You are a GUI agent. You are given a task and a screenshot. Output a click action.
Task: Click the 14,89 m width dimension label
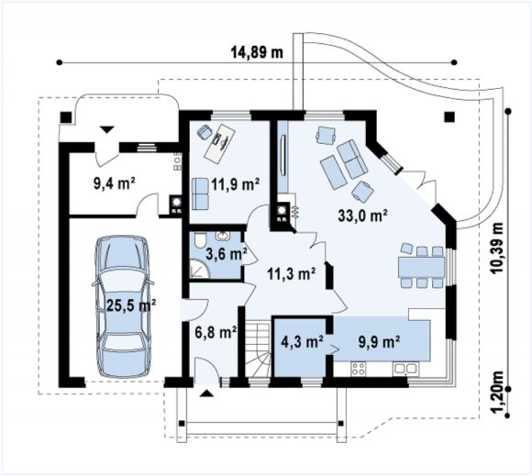click(x=257, y=53)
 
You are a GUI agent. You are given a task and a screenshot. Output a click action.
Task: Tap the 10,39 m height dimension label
click(x=498, y=248)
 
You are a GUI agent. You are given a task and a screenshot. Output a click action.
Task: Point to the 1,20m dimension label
click(x=498, y=393)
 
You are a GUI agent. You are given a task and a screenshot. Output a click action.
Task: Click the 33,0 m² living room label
click(x=362, y=216)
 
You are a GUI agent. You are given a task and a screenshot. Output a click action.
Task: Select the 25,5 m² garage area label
click(x=131, y=305)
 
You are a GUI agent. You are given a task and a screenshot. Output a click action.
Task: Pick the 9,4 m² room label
click(x=115, y=183)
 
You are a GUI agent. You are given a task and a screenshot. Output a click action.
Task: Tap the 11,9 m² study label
click(x=236, y=185)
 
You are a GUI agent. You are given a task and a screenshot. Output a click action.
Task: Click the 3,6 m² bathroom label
click(x=227, y=254)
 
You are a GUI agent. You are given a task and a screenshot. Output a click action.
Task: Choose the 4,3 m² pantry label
click(x=302, y=342)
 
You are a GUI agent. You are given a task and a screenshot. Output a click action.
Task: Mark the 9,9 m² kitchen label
click(x=379, y=342)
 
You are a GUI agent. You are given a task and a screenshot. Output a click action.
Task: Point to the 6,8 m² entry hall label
click(x=216, y=333)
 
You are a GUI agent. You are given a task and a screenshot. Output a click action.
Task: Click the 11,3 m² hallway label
click(x=292, y=273)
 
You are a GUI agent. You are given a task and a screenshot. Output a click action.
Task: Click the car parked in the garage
click(x=122, y=306)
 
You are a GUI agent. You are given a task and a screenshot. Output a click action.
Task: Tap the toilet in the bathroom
click(x=200, y=240)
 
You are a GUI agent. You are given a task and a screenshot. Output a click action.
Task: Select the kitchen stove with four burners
click(x=359, y=369)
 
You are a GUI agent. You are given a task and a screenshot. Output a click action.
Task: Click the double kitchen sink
click(x=405, y=369)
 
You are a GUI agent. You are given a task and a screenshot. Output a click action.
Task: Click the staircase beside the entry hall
click(x=258, y=349)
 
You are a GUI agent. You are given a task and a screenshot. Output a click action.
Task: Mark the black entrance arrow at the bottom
click(x=207, y=393)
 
